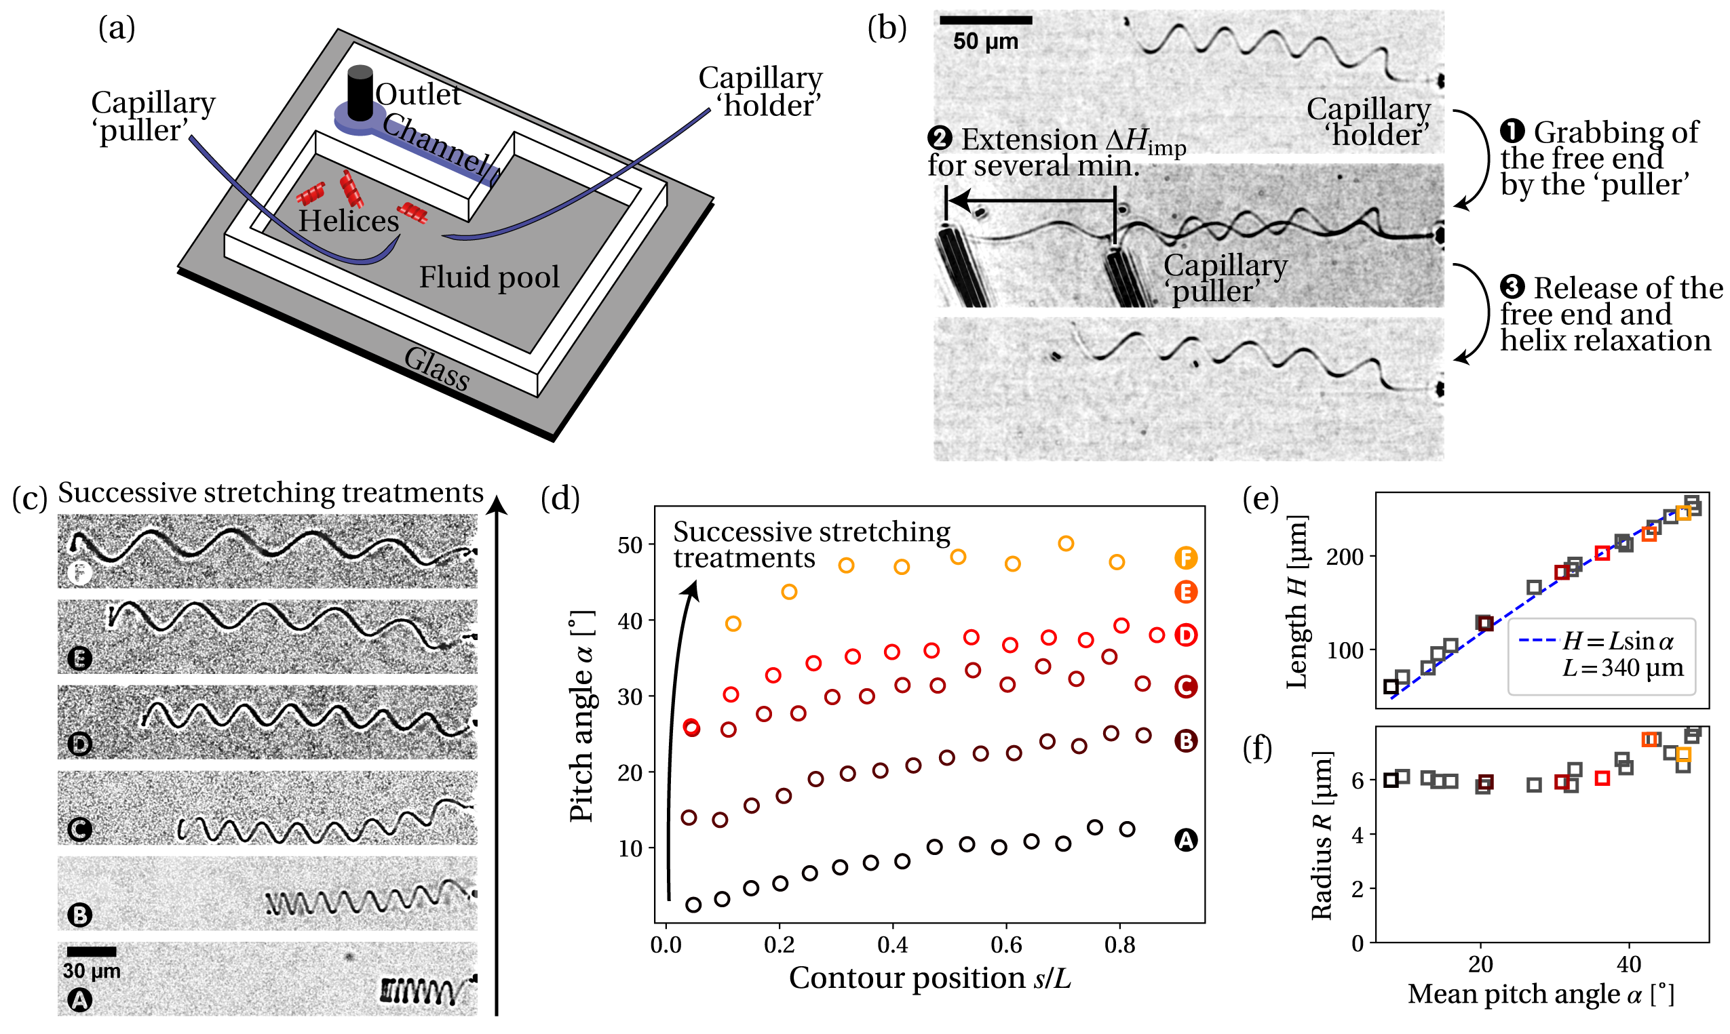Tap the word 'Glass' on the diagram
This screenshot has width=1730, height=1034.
[x=437, y=369]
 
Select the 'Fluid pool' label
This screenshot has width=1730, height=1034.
[x=488, y=277]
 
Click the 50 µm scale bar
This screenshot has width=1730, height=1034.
[x=985, y=20]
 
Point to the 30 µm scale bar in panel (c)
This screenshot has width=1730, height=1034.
[x=92, y=952]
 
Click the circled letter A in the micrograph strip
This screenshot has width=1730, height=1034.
[x=79, y=1001]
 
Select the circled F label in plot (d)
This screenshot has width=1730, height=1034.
[x=1185, y=558]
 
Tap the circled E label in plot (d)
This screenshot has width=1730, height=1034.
[x=1185, y=592]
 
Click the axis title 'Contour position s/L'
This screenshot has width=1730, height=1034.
[x=929, y=978]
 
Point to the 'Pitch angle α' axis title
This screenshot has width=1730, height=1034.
[x=581, y=716]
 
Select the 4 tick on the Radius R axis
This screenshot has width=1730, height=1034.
[x=1357, y=835]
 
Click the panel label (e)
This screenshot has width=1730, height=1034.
[x=1261, y=499]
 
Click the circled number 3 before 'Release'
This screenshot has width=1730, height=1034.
[x=1512, y=287]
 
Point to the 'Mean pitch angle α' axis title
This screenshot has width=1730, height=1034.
[x=1541, y=994]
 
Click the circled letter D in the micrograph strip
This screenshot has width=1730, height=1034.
[x=79, y=745]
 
